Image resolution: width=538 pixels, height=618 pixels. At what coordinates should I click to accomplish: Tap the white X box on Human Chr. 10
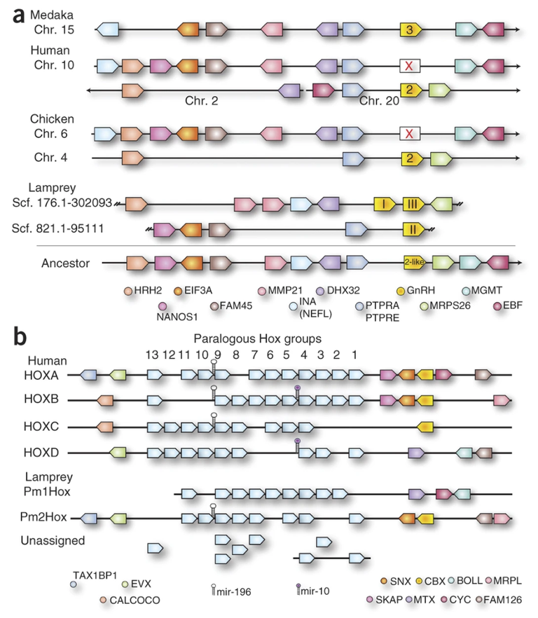[x=410, y=67]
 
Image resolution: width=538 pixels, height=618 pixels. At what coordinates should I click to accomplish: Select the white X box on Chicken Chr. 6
[x=410, y=132]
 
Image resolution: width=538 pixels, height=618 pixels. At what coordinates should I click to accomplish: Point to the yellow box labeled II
[x=413, y=228]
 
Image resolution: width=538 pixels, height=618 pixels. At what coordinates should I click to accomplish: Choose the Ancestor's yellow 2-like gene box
[x=415, y=263]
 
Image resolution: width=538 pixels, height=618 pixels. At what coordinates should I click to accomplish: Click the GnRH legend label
[x=421, y=290]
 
